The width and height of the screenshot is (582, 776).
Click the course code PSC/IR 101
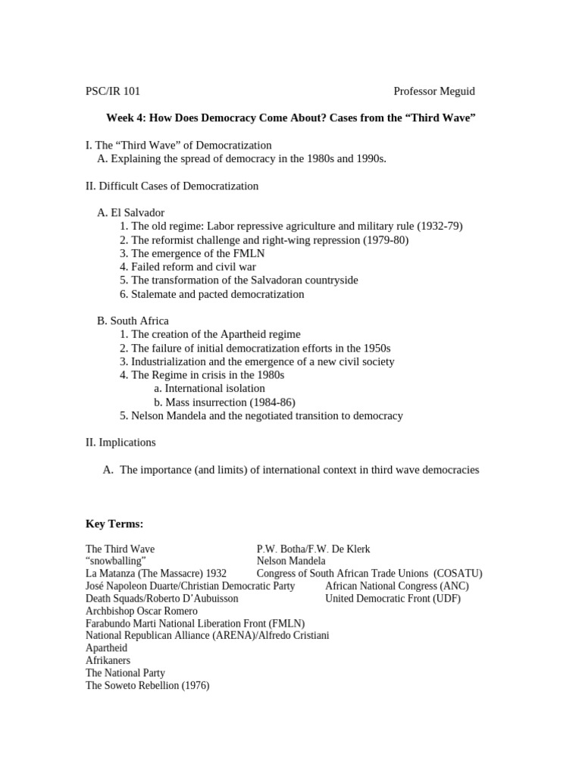tap(113, 92)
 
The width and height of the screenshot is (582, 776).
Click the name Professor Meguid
tap(434, 92)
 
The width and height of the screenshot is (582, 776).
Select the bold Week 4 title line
tap(291, 118)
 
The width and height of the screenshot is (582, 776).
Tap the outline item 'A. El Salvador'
tap(130, 213)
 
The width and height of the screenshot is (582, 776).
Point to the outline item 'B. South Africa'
tap(133, 321)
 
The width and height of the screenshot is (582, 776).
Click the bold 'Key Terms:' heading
tap(114, 524)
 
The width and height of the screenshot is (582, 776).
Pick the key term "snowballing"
tap(116, 561)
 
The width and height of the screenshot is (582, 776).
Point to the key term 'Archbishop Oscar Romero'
tap(142, 611)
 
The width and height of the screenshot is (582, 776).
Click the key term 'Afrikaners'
tap(108, 660)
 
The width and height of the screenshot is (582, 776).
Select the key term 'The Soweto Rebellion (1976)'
tap(147, 685)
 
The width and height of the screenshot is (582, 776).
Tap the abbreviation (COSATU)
tap(458, 574)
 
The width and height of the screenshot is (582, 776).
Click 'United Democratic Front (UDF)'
tap(393, 599)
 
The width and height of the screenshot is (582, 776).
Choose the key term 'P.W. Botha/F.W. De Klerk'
tap(313, 549)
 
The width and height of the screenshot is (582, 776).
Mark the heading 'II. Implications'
tap(120, 443)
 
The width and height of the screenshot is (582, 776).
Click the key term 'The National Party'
tap(125, 673)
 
